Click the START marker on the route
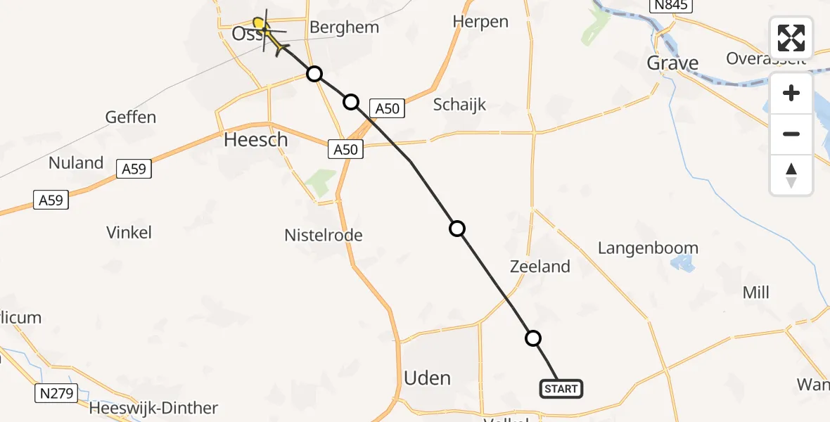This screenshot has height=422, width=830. (x=561, y=388)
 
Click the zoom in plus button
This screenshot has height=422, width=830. (x=791, y=94)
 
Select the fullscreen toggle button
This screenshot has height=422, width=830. (x=791, y=38)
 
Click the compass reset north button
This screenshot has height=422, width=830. (x=791, y=175)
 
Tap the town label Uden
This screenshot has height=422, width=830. (x=427, y=378)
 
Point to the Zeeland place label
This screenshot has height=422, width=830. (x=540, y=267)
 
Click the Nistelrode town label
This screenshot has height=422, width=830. (x=324, y=235)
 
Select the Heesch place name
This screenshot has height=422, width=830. (x=256, y=140)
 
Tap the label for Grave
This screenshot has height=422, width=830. (x=672, y=63)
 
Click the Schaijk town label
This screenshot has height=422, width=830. (x=459, y=105)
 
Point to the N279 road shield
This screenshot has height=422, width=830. (x=56, y=393)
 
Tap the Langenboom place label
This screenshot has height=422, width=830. (x=648, y=248)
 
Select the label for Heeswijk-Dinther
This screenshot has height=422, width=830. (x=153, y=408)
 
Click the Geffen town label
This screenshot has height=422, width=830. (x=131, y=117)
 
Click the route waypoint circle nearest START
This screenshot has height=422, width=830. (x=534, y=338)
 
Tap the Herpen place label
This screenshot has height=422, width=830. (x=480, y=22)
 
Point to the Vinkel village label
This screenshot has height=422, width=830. (x=129, y=232)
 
